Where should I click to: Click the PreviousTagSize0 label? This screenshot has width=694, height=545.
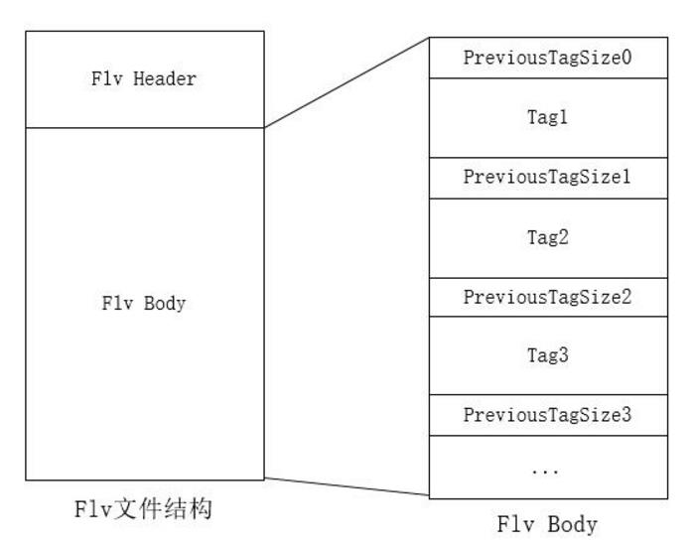[x=547, y=58]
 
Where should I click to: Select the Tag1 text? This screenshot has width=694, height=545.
[x=547, y=117]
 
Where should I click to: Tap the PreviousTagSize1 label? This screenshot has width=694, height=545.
[x=547, y=178]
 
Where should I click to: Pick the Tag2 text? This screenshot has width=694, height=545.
[x=547, y=237]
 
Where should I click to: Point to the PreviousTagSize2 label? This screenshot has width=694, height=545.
[x=547, y=297]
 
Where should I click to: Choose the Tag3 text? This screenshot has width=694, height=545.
[x=547, y=355]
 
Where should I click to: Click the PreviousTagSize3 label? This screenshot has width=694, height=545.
[x=547, y=415]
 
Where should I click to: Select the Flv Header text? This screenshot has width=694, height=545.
[x=144, y=78]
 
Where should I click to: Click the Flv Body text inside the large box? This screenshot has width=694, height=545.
[x=144, y=304]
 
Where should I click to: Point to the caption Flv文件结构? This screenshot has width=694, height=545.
[x=144, y=510]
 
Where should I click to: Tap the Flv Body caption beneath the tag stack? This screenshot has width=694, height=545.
[x=547, y=524]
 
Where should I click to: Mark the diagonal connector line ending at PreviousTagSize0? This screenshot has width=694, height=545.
[x=347, y=82]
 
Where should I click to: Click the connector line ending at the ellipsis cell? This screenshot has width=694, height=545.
[x=347, y=488]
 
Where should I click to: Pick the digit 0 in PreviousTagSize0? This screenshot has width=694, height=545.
[x=626, y=58]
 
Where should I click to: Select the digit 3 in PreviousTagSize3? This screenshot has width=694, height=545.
[x=626, y=415]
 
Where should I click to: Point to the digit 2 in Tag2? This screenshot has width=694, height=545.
[x=563, y=237]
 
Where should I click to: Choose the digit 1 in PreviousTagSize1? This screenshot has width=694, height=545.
[x=626, y=178]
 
